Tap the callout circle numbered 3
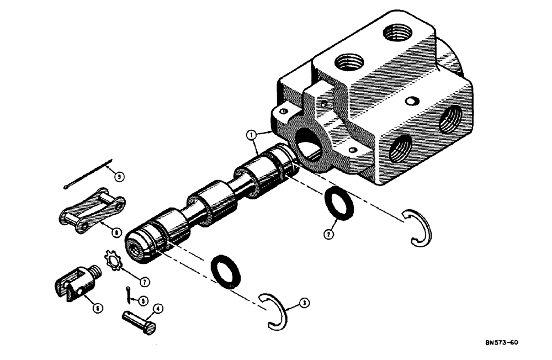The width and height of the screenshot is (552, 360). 304,303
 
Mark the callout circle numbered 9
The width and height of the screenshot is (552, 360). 117,177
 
